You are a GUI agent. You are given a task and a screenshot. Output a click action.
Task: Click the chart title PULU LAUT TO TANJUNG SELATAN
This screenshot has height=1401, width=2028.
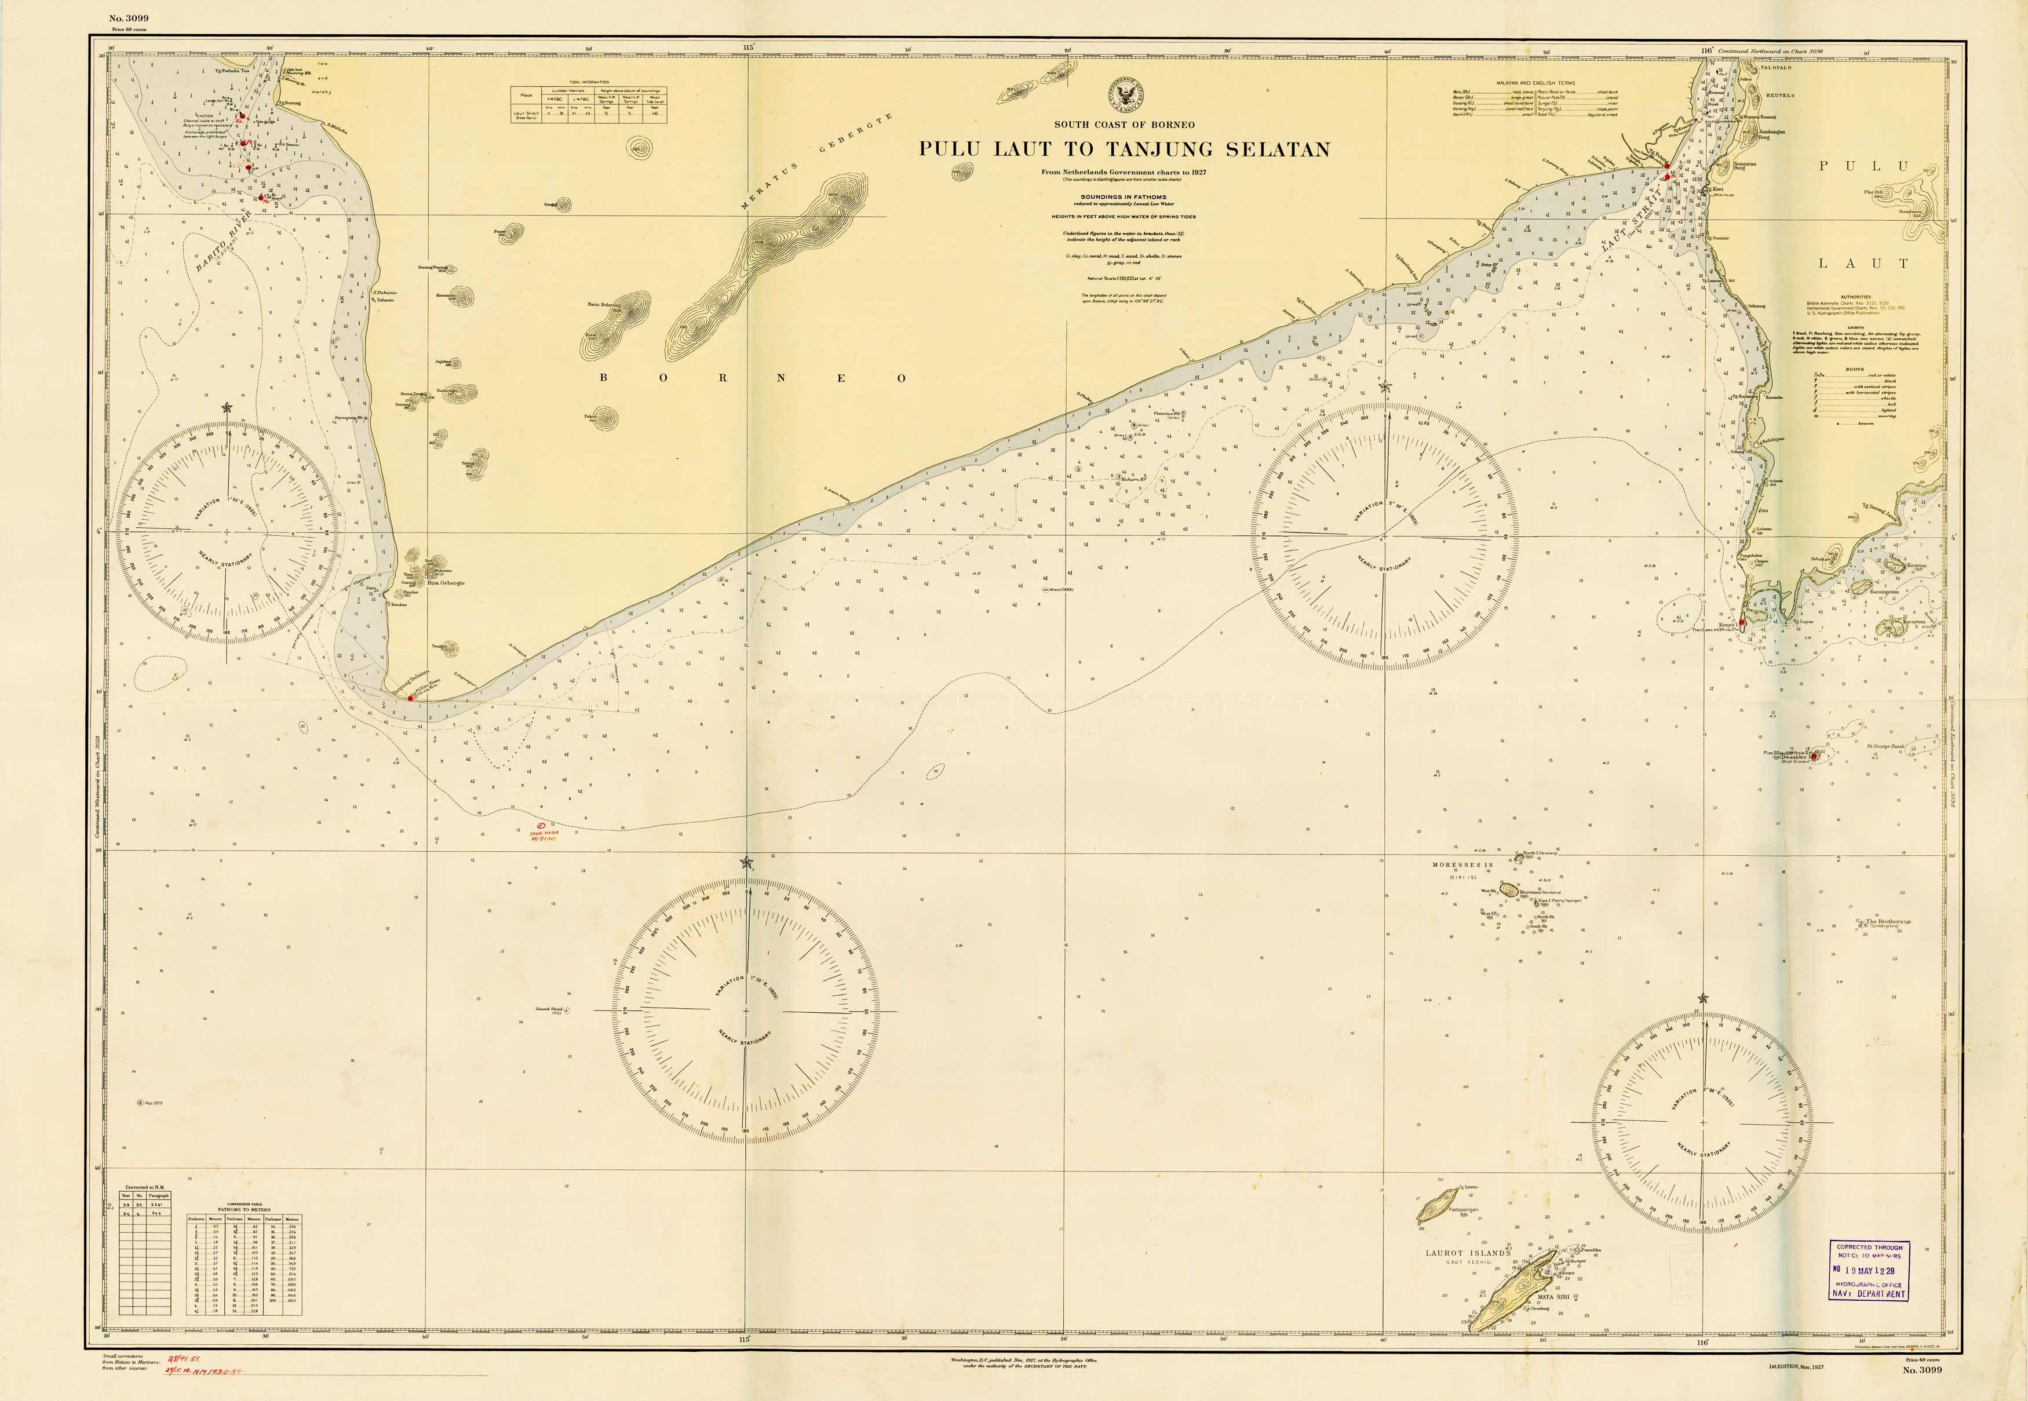(x=1124, y=149)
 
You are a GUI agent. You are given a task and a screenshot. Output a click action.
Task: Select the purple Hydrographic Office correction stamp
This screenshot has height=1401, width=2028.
(x=1869, y=1270)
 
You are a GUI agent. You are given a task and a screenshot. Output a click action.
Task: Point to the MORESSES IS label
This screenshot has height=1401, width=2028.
(x=1462, y=864)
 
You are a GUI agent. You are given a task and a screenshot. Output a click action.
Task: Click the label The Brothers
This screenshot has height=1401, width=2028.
(x=1888, y=921)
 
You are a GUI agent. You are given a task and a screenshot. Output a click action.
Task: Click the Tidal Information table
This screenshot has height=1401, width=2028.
(x=589, y=103)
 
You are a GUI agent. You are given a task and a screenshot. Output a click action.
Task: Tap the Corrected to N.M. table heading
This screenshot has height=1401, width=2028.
(x=145, y=1187)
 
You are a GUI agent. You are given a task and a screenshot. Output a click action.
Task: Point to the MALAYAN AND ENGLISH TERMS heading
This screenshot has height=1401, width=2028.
(x=1534, y=83)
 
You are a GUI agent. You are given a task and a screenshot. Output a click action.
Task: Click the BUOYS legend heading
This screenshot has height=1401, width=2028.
(x=1854, y=370)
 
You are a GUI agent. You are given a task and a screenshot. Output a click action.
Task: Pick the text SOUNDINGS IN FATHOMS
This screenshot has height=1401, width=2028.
(x=1123, y=196)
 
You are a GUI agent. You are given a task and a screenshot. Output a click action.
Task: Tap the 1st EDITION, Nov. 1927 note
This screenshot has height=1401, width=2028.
(x=1795, y=1367)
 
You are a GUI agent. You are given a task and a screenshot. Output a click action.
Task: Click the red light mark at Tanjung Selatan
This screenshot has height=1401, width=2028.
(x=410, y=698)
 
